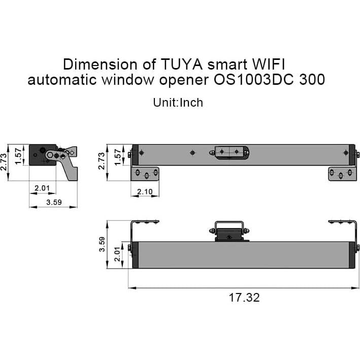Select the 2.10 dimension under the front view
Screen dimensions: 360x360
pos(145,191)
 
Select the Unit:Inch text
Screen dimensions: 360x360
pos(178,103)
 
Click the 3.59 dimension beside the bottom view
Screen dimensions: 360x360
pos(102,244)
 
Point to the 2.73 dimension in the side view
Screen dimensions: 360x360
pos(5,162)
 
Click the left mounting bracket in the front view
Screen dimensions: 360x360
pos(147,174)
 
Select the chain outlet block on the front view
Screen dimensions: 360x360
pos(232,151)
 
